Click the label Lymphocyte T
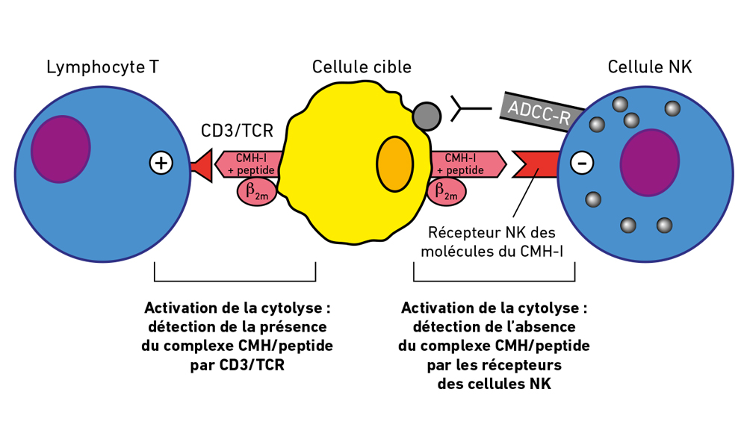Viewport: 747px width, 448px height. pos(102,67)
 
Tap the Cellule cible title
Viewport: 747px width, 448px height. pos(362,67)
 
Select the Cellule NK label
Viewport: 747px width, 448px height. pos(649,67)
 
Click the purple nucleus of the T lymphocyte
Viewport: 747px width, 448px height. pos(61,149)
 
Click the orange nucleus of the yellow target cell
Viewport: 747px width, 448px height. pos(394,164)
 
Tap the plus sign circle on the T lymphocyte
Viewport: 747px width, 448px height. pos(161,163)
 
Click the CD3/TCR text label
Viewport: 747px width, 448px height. pos(237,131)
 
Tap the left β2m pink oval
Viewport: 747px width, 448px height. pos(256,191)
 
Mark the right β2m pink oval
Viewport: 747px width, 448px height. pos(447,191)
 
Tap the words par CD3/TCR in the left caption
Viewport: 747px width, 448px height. pos(237,366)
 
